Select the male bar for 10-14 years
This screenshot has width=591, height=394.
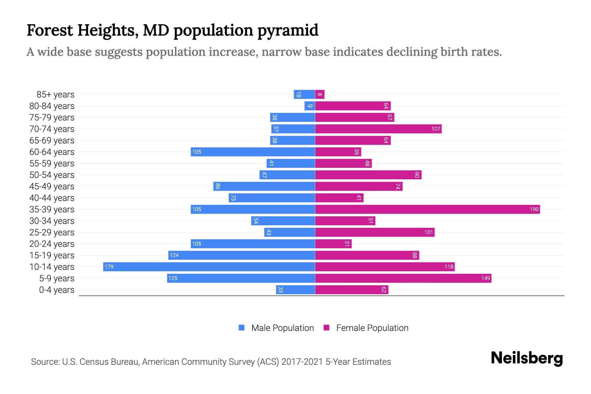(209, 267)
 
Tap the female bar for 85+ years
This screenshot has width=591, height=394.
(320, 95)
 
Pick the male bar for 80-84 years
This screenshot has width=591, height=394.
(310, 106)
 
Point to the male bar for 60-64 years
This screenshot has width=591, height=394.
(253, 152)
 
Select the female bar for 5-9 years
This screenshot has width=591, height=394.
(403, 278)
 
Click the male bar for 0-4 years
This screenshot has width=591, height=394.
(295, 290)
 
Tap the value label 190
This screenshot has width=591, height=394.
(534, 209)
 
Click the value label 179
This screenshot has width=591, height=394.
(109, 267)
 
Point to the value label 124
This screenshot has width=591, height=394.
(174, 255)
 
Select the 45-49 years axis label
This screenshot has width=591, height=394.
(52, 186)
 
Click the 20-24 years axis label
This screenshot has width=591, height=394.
(52, 244)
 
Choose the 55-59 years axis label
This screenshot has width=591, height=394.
(52, 164)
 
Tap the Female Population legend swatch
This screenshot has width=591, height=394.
(326, 328)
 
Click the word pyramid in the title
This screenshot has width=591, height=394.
(288, 30)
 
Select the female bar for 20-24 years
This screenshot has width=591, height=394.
(333, 244)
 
